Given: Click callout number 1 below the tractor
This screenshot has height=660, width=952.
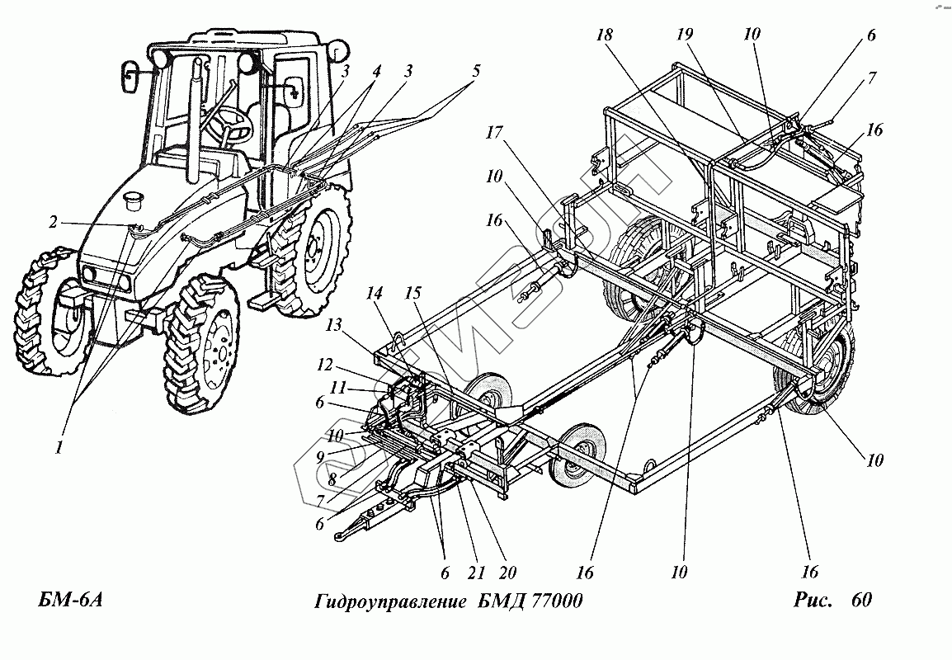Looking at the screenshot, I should (x=59, y=447).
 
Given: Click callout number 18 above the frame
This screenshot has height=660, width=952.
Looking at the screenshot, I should (x=606, y=37).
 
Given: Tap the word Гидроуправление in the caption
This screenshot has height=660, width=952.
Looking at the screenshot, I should (x=389, y=601).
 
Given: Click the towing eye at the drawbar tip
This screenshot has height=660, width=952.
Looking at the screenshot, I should (x=341, y=536).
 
